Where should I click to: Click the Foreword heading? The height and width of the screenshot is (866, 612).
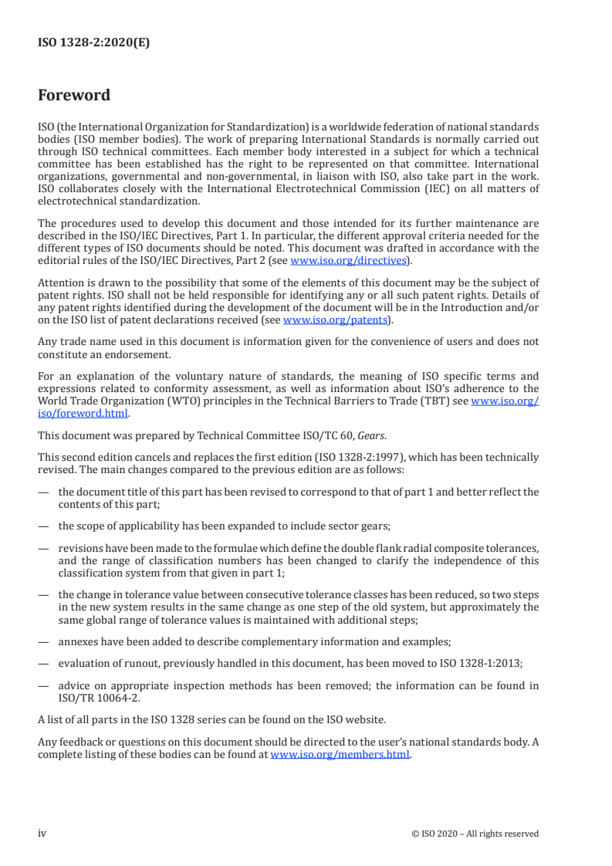coord(74,96)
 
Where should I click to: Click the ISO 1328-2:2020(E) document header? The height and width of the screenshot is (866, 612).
coord(93,43)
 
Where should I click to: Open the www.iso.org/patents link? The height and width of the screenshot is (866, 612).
coord(336,320)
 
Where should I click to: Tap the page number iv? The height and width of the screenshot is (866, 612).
coord(42,833)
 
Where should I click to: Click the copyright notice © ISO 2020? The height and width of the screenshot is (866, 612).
coord(485,834)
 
